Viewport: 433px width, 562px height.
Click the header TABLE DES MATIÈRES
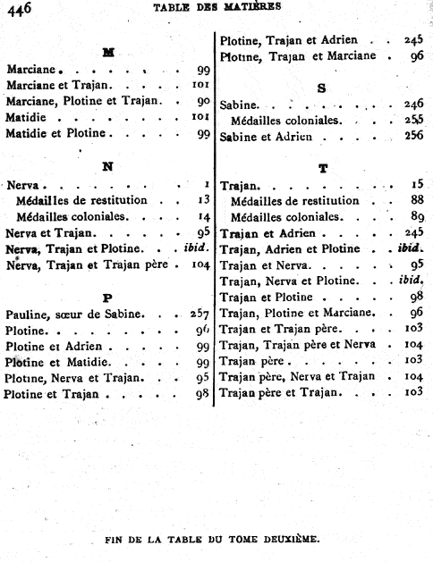[x=217, y=6]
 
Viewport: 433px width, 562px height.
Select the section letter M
[x=108, y=52]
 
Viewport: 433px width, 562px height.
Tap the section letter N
[x=107, y=166]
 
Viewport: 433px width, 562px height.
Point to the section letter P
[x=108, y=297]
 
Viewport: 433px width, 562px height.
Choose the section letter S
[x=322, y=88]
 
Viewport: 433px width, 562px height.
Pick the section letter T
[x=322, y=167]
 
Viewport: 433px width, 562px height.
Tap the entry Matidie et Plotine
[x=56, y=133]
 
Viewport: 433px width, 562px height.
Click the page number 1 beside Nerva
[x=206, y=184]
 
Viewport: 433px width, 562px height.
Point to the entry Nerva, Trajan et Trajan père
[x=86, y=265]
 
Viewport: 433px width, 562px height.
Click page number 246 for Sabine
[x=412, y=104]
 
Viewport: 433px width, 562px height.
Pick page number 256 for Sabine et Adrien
[x=412, y=137]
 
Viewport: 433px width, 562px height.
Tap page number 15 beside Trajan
[x=416, y=185]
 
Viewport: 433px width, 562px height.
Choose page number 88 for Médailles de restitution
[x=416, y=201]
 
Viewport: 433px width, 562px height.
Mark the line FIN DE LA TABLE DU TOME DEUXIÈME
[x=211, y=540]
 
